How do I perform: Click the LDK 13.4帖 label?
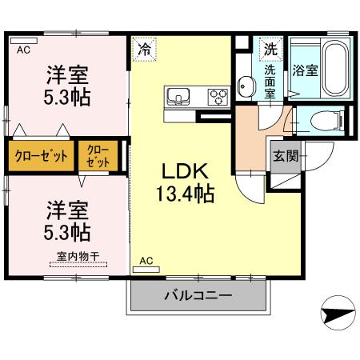186,182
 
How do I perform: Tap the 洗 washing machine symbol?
270,48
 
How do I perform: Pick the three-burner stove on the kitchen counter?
218,97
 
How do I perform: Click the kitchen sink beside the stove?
178,97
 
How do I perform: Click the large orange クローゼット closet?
38,155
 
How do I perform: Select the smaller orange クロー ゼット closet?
98,155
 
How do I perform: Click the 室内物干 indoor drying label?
78,256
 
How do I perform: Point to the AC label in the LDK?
146,261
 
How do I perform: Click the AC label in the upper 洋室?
23,49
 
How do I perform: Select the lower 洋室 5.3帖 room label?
66,220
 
